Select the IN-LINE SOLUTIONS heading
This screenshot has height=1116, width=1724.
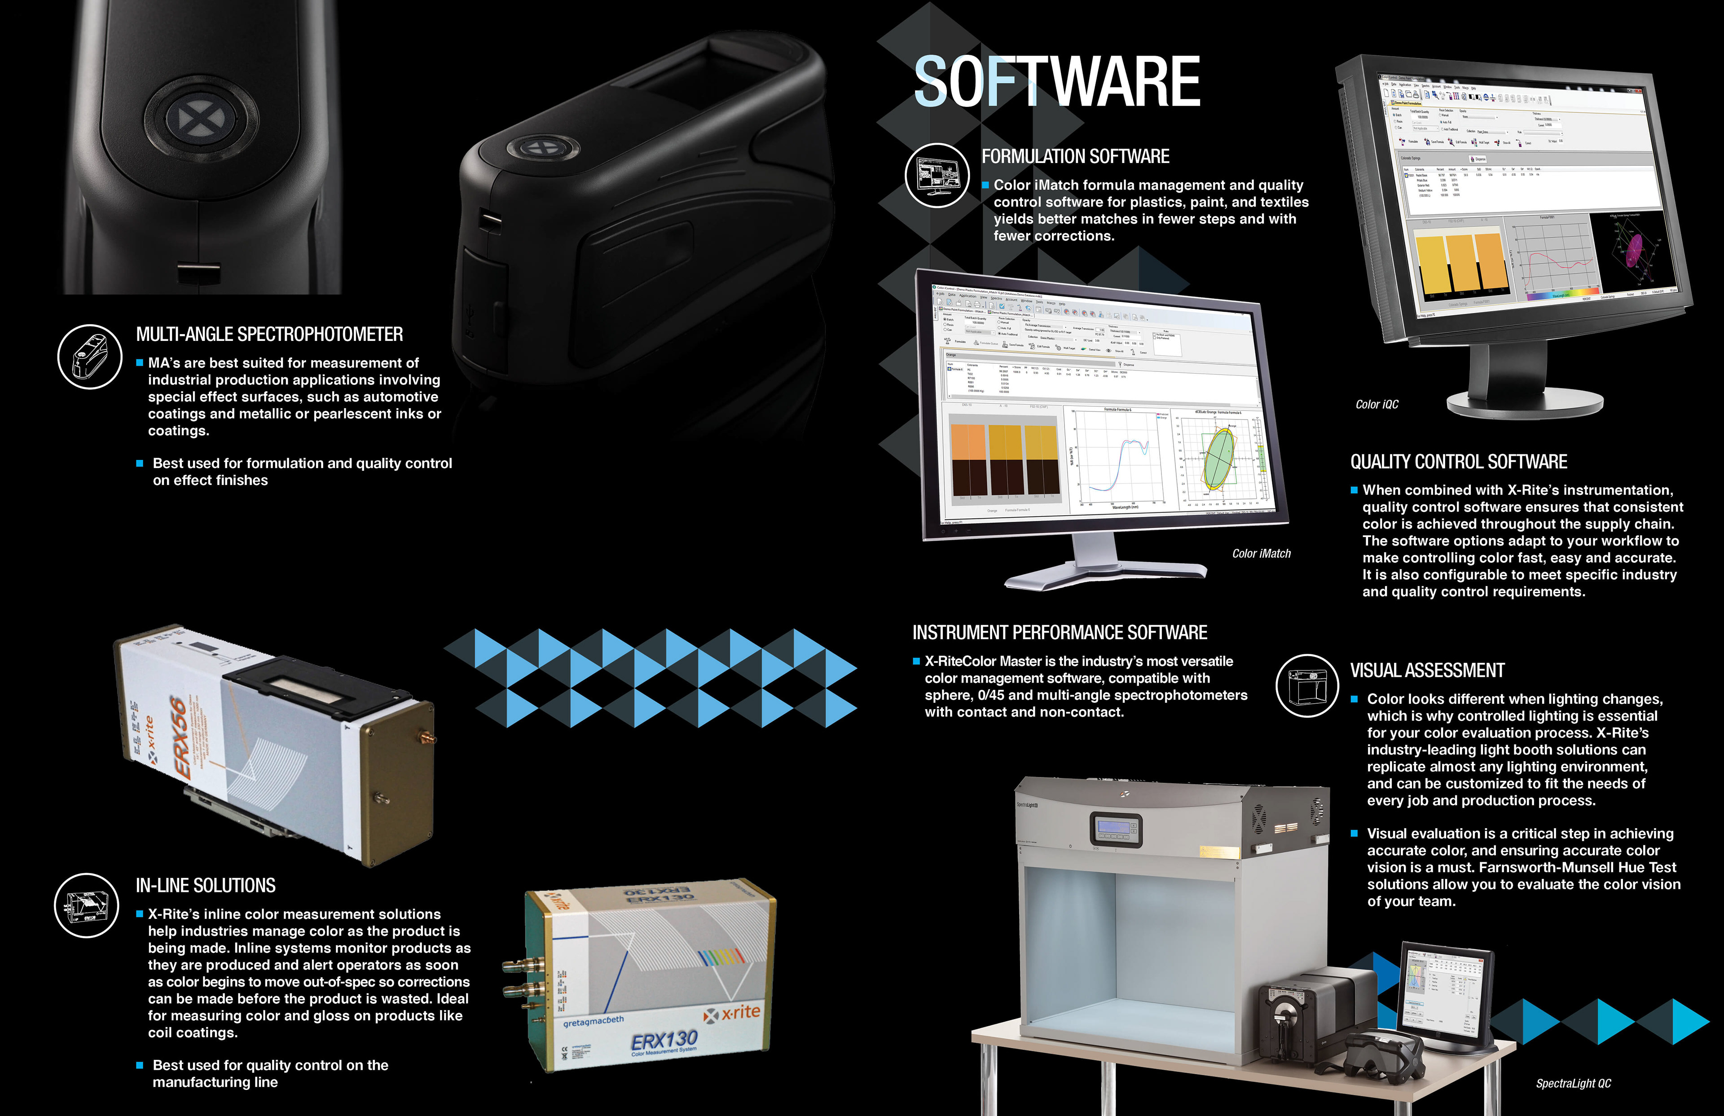(206, 886)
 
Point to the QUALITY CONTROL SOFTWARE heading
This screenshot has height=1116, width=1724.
(1458, 462)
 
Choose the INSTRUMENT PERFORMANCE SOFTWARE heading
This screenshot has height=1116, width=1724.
(1059, 633)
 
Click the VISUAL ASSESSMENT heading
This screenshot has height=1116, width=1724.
(1427, 670)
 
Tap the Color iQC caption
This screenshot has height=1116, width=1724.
(1377, 404)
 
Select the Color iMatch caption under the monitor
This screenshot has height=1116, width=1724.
(1261, 554)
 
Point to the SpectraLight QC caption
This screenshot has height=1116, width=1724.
(1573, 1083)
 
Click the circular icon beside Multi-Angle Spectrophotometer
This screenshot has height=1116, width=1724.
(90, 357)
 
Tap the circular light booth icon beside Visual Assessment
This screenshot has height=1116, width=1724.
(1307, 685)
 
